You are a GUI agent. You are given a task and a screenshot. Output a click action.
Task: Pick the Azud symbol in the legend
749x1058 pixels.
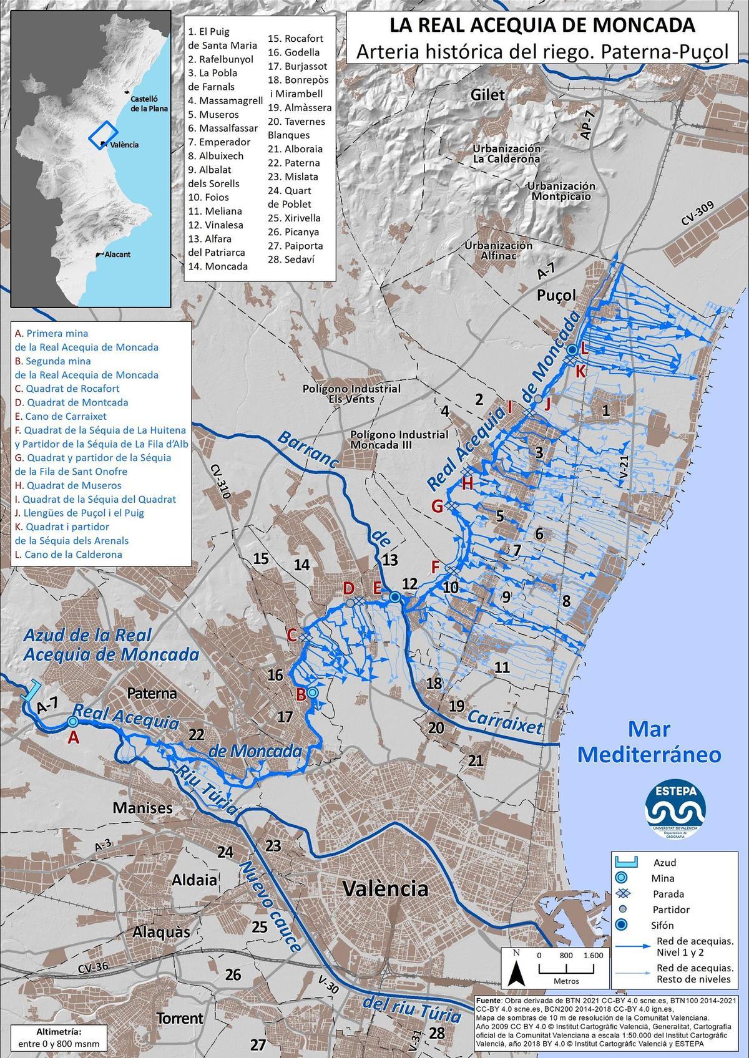[625, 863]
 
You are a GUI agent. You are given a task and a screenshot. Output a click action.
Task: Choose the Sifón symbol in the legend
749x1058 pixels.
[625, 925]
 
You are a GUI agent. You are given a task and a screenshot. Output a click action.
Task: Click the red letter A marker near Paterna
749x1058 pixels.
[74, 737]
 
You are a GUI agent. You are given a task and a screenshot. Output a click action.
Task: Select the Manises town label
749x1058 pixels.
[142, 808]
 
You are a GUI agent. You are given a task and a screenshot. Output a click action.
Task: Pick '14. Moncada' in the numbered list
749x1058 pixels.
[218, 266]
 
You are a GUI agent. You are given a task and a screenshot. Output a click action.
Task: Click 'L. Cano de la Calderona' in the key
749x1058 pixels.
[69, 555]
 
